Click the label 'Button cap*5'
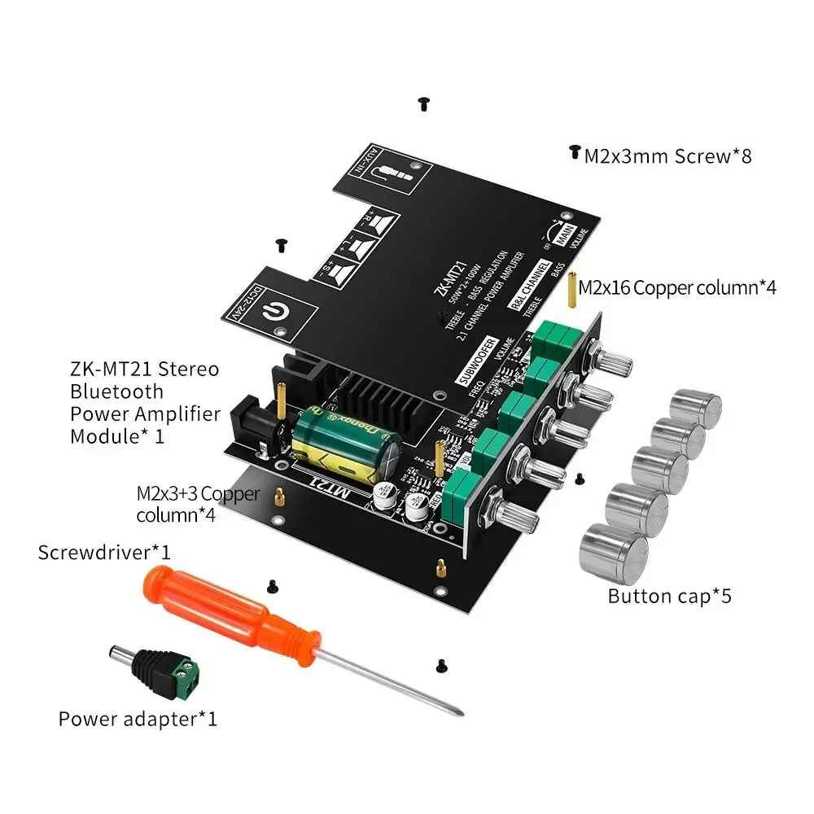click(669, 596)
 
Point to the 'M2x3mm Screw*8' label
click(667, 155)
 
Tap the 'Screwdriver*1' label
click(104, 552)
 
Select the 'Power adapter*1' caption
click(138, 719)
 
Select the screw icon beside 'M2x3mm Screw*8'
click(575, 152)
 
